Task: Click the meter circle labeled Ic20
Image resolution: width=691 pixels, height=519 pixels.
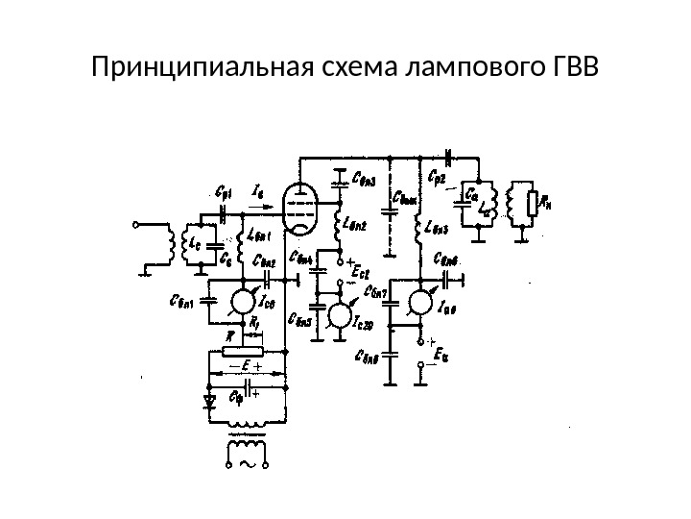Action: click(339, 315)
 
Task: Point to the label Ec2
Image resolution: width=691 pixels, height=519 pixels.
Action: click(362, 274)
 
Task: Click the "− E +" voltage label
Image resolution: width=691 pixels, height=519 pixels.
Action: click(248, 367)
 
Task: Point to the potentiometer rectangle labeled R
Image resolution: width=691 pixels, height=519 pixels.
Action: click(247, 348)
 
